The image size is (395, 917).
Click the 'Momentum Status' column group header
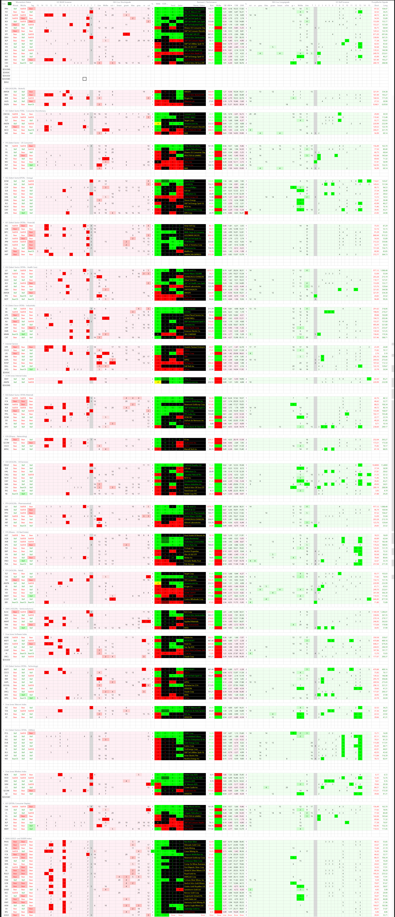23,2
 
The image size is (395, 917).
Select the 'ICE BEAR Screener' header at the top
64,2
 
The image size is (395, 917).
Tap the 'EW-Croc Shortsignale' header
122,2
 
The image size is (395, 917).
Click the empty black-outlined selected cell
84,79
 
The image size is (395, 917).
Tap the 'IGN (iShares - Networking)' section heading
16,436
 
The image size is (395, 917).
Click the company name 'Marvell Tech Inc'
191,449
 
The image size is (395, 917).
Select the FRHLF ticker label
6,465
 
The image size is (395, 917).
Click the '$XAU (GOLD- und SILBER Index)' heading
18,838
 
